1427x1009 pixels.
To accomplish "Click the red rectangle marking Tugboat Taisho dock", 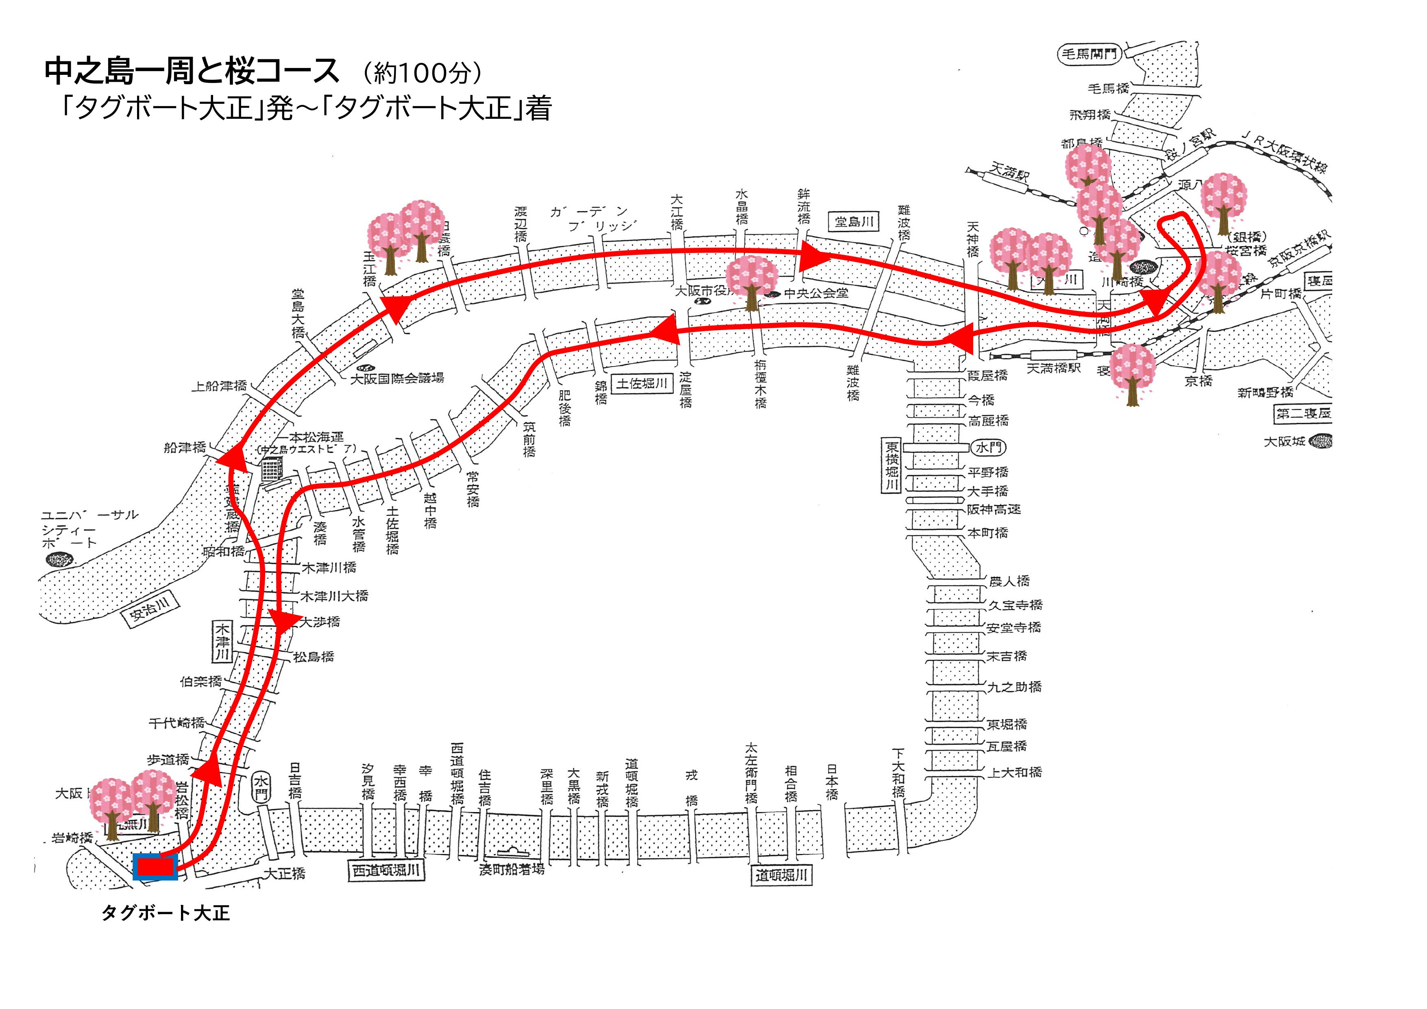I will tap(155, 867).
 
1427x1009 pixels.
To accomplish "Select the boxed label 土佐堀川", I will tap(641, 384).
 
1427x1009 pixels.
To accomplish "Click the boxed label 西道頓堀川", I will tap(386, 871).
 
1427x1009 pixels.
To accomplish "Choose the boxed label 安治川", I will tap(149, 609).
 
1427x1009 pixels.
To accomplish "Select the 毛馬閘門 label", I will tap(1088, 54).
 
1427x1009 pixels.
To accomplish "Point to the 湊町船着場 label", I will tap(512, 869).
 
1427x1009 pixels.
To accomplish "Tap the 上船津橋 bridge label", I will tap(219, 386).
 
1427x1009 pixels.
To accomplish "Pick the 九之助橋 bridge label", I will tap(1014, 686).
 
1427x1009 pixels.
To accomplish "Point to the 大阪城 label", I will tap(1284, 441).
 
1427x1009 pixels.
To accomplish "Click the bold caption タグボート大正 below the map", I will tap(166, 913).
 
